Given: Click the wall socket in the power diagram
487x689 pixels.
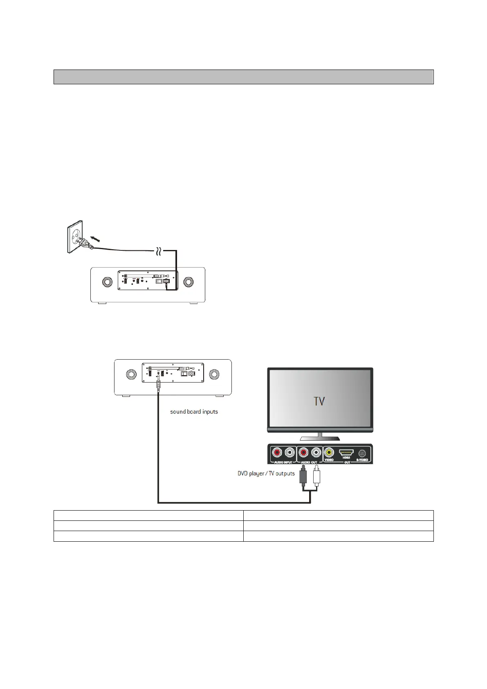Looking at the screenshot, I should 75,236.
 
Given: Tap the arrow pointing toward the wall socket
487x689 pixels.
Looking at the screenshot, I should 95,238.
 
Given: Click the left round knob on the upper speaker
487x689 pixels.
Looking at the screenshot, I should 107,282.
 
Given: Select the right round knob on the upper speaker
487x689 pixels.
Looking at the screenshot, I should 189,282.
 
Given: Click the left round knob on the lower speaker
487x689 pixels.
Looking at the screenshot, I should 131,374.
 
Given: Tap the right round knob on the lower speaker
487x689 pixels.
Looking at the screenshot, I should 215,374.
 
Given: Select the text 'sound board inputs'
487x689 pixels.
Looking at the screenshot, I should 194,412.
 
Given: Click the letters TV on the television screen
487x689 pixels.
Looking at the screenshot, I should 319,401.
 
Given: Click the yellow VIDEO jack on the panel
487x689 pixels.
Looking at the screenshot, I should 329,453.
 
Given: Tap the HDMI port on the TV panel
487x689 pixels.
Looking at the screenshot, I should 346,453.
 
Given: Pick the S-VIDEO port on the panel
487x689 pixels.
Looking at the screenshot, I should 362,453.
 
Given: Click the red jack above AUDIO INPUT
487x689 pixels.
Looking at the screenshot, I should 278,453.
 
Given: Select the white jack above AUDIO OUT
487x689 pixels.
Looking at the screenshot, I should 316,453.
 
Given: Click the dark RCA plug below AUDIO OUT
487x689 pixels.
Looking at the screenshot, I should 303,477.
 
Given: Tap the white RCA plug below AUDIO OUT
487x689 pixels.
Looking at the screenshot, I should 316,477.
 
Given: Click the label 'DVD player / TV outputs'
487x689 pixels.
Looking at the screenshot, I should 266,473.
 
